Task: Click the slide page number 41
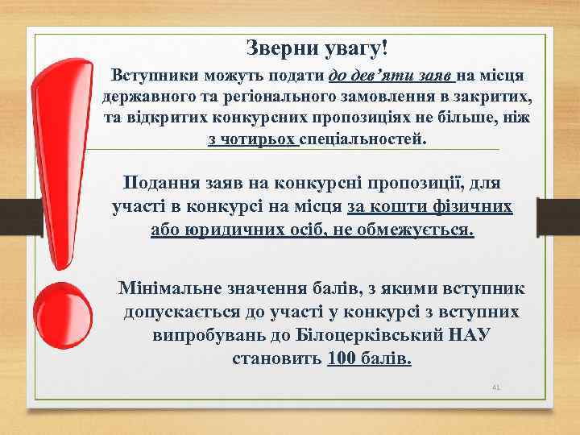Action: pos(496,387)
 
